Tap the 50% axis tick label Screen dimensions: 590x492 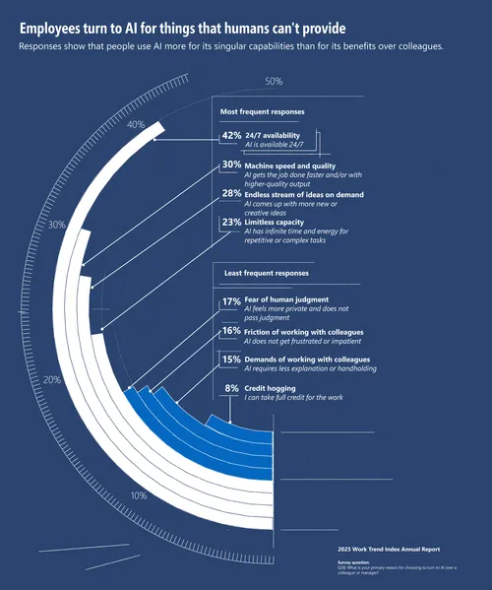[x=274, y=82]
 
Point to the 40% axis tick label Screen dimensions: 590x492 [x=136, y=125]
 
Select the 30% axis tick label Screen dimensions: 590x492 [x=57, y=226]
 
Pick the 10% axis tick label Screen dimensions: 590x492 [x=140, y=495]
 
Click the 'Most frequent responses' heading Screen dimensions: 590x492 [x=262, y=112]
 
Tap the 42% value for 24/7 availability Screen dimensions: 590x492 [x=231, y=135]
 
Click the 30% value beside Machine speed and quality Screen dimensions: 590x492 [x=231, y=164]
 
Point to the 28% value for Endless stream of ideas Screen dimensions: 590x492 [x=231, y=194]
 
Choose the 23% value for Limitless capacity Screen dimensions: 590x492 [x=231, y=223]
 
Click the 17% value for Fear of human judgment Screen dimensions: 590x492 [x=231, y=301]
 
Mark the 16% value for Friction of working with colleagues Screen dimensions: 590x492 [x=231, y=332]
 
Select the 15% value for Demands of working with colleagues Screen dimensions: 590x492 [x=231, y=360]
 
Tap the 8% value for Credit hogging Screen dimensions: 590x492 [x=232, y=389]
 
